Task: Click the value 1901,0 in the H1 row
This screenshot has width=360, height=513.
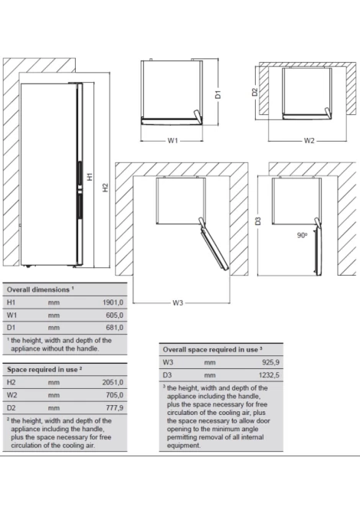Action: (113, 302)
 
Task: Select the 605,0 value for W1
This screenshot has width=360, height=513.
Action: (115, 315)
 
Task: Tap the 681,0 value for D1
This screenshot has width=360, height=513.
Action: (115, 328)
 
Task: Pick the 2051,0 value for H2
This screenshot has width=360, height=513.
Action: (113, 382)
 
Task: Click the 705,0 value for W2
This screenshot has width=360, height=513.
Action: (115, 395)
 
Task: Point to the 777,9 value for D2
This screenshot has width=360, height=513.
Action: (115, 408)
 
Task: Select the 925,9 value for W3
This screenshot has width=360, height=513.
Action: (270, 362)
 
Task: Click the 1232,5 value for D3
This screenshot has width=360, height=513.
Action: (269, 375)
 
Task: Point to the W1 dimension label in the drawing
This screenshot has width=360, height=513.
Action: (173, 141)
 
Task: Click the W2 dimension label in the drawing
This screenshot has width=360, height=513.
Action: (309, 141)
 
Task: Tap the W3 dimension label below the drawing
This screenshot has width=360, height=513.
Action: (178, 303)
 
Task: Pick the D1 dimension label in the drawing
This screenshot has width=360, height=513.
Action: (218, 94)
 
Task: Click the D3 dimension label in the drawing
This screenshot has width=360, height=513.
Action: (258, 221)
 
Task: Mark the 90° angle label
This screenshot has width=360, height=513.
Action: (303, 235)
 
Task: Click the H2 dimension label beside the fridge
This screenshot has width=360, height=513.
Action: (105, 188)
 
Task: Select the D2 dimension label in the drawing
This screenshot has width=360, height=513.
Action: (254, 92)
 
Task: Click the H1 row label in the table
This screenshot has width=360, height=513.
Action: (11, 302)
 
